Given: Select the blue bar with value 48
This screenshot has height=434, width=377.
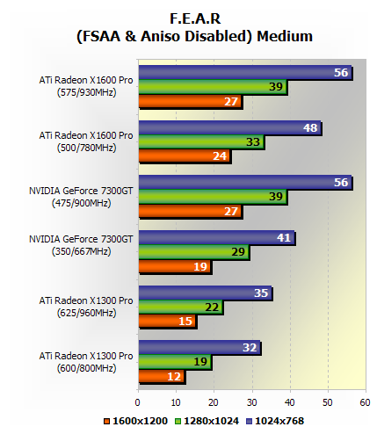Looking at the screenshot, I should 228,128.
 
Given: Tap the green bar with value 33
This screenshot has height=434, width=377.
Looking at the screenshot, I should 200,142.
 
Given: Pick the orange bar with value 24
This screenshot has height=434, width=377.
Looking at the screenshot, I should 184,156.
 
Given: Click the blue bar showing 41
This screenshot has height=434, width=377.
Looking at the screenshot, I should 215,238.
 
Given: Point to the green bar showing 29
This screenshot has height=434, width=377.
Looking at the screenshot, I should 192,252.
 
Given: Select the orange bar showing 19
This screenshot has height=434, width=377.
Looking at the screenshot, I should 174,266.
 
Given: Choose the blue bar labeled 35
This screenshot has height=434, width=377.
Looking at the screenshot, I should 204,293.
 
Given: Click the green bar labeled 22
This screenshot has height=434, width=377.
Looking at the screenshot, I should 179,307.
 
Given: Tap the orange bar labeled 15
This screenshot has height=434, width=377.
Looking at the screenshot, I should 166,322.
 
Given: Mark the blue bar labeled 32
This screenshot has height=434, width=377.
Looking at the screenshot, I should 199,348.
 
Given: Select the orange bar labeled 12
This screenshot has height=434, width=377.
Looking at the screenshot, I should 161,376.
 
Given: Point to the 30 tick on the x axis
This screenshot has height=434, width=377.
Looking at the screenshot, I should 251,403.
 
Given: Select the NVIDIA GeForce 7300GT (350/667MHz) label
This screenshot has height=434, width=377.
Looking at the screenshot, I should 85,244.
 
